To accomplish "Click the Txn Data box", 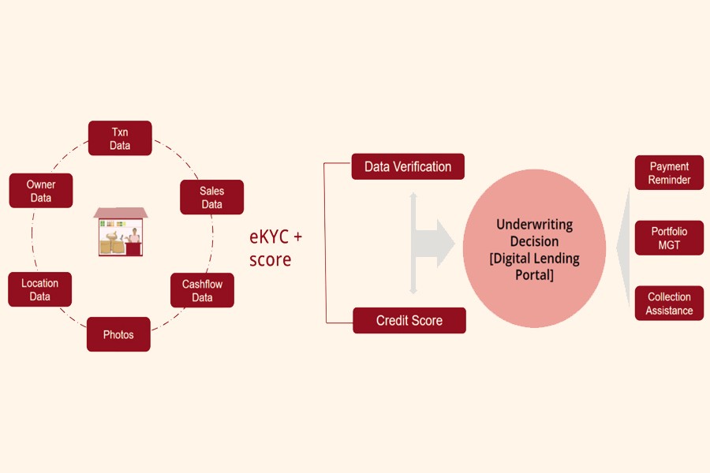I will pos(120,138).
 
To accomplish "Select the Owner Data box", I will pos(41,191).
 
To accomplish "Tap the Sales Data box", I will pos(211,197).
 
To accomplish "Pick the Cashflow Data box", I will pos(202,290).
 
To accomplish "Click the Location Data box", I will pos(40,289).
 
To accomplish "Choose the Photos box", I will pos(118,334).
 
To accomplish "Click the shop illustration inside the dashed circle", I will pos(120,232).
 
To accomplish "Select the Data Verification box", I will pos(408,166).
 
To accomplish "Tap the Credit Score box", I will pos(409,320).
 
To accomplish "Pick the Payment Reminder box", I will pos(669,173).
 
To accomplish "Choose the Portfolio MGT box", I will pos(669,238).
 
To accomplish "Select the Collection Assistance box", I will pos(669,304).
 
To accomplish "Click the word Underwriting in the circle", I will pos(534,225).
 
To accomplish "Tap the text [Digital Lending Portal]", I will pos(534,266).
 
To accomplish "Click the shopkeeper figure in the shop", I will pos(135,237).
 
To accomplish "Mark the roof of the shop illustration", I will pos(120,213).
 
